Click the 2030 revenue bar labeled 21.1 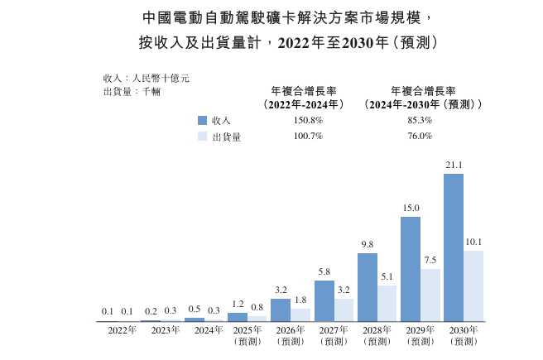pyautogui.click(x=454, y=247)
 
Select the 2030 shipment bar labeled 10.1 pyautogui.click(x=473, y=286)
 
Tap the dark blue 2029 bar pyautogui.click(x=411, y=269)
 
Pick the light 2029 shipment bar pyautogui.click(x=430, y=295)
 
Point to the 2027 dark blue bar pyautogui.click(x=324, y=301)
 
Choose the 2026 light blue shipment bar pyautogui.click(x=300, y=314)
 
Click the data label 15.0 pyautogui.click(x=411, y=208)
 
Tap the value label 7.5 pyautogui.click(x=430, y=260)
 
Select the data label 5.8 pyautogui.click(x=324, y=271)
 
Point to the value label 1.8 pyautogui.click(x=300, y=300)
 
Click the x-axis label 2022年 pyautogui.click(x=122, y=330)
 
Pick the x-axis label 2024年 pyautogui.click(x=208, y=330)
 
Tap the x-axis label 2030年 pyautogui.click(x=464, y=330)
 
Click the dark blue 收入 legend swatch pyautogui.click(x=203, y=120)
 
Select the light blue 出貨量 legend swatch pyautogui.click(x=203, y=137)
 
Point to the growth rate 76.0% pyautogui.click(x=420, y=137)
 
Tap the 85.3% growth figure pyautogui.click(x=420, y=120)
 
